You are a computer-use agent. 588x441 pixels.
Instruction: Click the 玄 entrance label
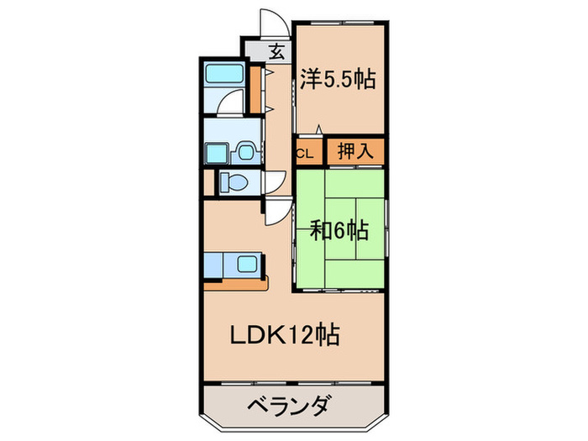click(276, 50)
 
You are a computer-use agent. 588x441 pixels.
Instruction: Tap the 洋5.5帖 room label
click(338, 80)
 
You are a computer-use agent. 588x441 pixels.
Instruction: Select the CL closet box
click(306, 153)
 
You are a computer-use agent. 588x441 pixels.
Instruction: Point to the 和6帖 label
click(340, 228)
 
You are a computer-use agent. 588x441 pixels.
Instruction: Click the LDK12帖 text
click(285, 336)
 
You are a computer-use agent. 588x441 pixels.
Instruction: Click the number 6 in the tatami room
click(340, 228)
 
